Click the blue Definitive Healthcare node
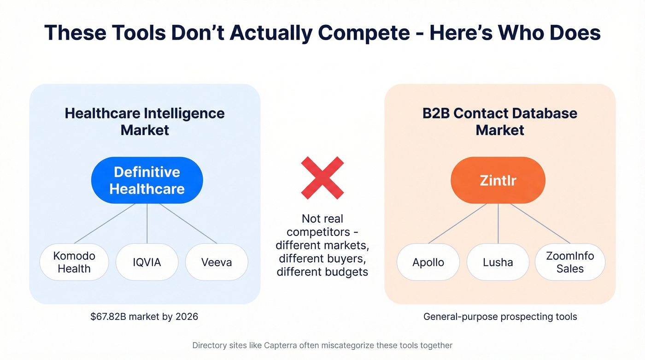[x=147, y=180]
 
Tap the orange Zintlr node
[x=498, y=180]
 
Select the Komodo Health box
[x=74, y=262]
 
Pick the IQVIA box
[x=147, y=262]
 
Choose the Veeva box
[x=217, y=262]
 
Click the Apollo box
[x=428, y=262]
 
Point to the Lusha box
[x=498, y=262]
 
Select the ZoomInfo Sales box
[x=570, y=262]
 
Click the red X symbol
[x=322, y=178]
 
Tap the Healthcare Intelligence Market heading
[x=145, y=121]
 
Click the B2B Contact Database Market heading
[x=500, y=121]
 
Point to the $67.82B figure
[x=110, y=317]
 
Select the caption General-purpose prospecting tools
[x=500, y=317]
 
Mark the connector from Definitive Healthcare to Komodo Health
[x=105, y=223]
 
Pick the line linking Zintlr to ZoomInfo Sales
[x=540, y=223]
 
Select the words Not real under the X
[x=322, y=218]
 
